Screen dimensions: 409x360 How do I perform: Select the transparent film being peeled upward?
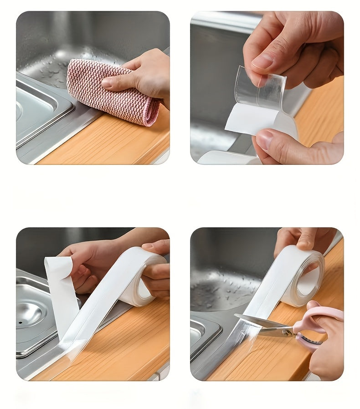point(260,89)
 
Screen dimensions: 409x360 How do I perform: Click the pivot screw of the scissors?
point(287,332)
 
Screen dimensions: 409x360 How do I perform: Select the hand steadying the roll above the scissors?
point(301,239)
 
